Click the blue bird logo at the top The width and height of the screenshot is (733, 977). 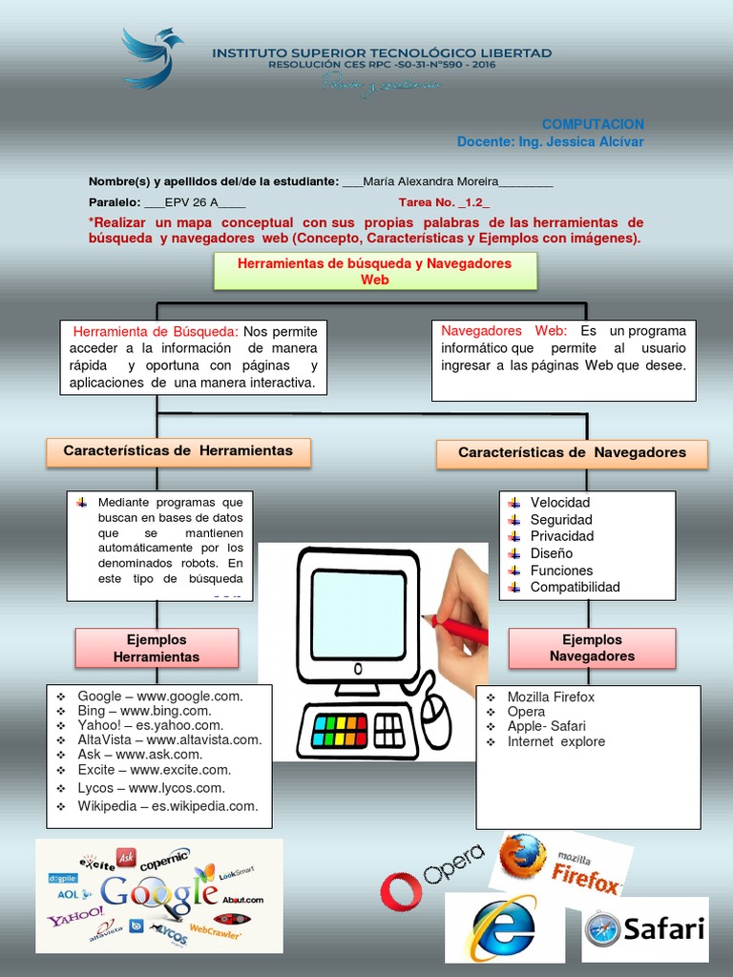[152, 57]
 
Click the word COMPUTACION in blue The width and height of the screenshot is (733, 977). [593, 124]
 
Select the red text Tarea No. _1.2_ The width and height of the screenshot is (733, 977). [444, 202]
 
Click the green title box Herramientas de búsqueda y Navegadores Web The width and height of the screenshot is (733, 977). [374, 271]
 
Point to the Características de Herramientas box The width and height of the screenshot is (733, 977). [178, 450]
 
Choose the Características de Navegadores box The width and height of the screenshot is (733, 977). [572, 453]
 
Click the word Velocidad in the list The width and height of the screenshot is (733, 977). [560, 502]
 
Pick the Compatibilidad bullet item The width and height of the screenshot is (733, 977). [575, 587]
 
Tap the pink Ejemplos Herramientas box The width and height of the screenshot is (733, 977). [157, 648]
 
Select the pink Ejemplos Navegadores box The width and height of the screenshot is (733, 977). [592, 648]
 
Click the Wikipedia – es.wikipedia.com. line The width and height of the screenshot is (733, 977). [168, 806]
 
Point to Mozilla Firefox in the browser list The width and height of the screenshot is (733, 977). [551, 696]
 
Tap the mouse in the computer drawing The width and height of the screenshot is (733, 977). [436, 720]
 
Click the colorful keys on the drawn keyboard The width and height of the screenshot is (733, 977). [334, 730]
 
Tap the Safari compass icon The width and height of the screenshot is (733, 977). [603, 929]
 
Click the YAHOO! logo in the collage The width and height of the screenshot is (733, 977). [76, 917]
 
